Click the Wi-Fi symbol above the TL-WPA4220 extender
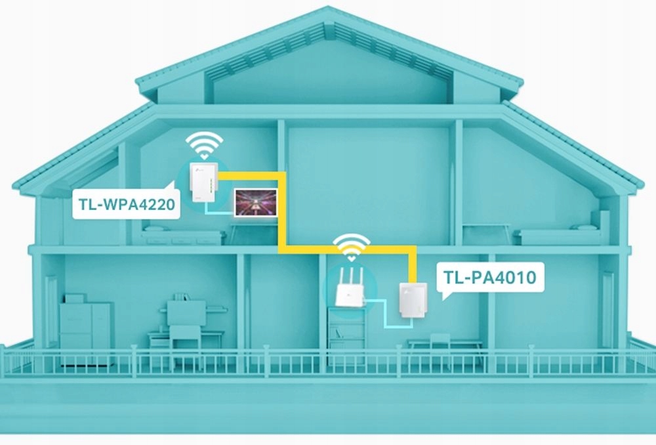pyautogui.click(x=203, y=144)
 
